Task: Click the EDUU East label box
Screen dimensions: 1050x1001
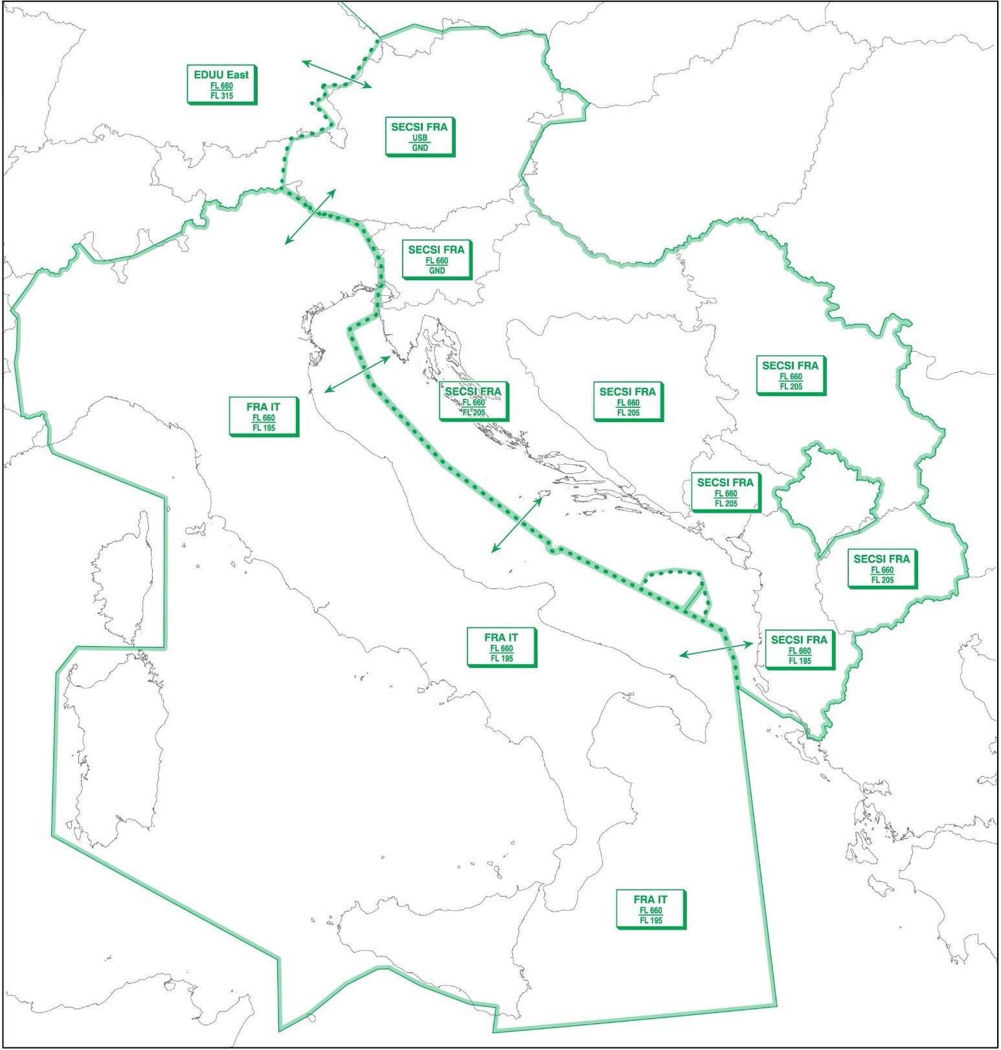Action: (x=221, y=84)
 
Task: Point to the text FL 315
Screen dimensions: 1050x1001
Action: (x=221, y=96)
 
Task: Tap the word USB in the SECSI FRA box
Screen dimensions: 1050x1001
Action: (x=420, y=138)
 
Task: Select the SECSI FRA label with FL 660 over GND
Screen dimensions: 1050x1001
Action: (x=436, y=259)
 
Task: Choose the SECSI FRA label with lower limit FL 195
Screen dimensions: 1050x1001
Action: (x=799, y=650)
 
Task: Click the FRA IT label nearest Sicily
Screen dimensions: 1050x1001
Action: (x=650, y=909)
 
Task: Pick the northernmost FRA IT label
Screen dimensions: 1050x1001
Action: (x=264, y=417)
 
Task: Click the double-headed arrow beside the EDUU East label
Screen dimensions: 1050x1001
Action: (x=337, y=74)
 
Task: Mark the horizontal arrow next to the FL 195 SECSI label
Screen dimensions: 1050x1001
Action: (x=717, y=649)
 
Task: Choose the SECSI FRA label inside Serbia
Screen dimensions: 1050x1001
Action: (x=790, y=375)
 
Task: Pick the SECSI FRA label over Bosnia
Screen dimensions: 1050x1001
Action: (x=627, y=402)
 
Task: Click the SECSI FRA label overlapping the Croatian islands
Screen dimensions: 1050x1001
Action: (x=473, y=401)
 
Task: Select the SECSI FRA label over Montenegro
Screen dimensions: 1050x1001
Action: (x=725, y=493)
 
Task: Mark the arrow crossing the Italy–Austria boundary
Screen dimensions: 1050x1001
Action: (x=311, y=216)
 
